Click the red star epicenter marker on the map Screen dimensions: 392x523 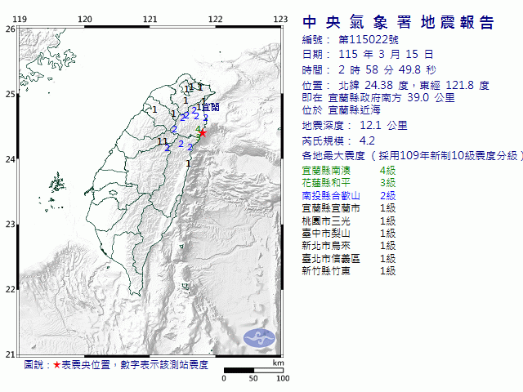tap(203, 132)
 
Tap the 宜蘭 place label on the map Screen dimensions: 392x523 tap(210, 107)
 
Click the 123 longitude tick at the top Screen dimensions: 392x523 tap(280, 18)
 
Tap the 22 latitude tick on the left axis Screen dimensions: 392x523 tap(9, 289)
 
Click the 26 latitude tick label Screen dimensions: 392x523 tap(9, 29)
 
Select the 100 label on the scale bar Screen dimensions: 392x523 tap(283, 378)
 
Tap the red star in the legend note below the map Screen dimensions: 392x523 tap(56, 365)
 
